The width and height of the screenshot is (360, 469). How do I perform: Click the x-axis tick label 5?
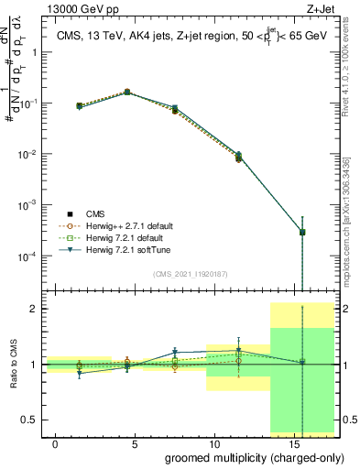pos(136,443)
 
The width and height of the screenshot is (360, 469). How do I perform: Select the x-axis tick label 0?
pos(56,443)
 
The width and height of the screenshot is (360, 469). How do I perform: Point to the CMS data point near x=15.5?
pos(302,232)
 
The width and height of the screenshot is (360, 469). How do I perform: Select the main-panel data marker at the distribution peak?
pos(127,92)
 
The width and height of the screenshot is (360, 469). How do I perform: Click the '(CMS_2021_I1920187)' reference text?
pos(191,273)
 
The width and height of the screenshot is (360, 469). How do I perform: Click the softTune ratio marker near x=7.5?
pos(175,352)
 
